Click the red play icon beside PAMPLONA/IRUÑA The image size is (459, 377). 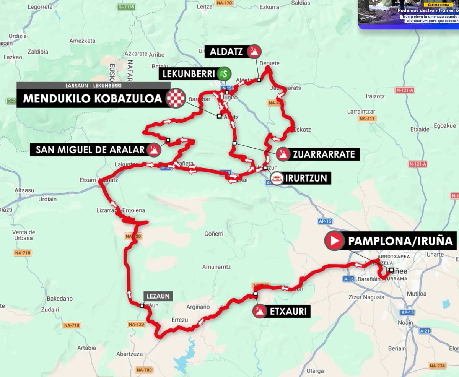[334, 240]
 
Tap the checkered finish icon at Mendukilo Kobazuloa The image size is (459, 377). [176, 98]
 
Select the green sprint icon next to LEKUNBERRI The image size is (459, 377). [224, 73]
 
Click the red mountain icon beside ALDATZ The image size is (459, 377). [254, 52]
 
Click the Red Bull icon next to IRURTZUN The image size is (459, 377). [277, 178]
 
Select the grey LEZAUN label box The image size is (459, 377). [158, 296]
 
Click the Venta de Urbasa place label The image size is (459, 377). [24, 235]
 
